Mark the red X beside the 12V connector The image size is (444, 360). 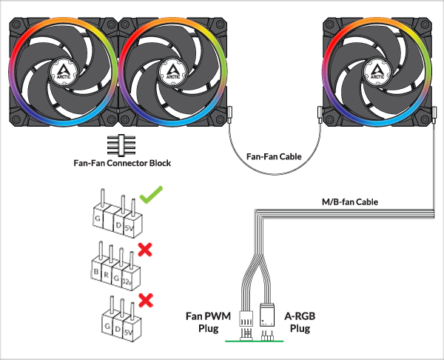coord(145,250)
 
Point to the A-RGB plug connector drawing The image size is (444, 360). coord(268,320)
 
